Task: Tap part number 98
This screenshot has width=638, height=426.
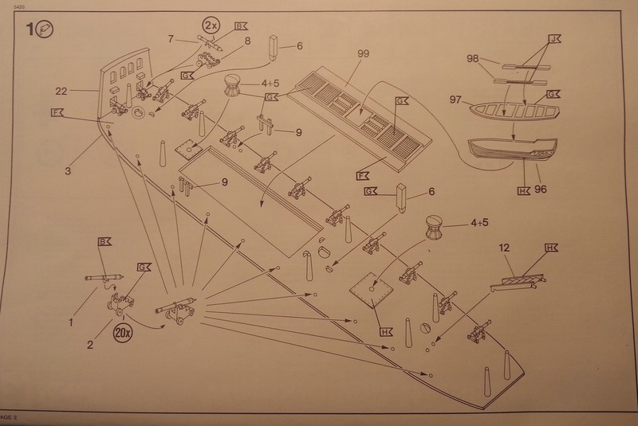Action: [x=472, y=60]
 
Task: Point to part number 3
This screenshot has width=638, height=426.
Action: [x=69, y=170]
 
